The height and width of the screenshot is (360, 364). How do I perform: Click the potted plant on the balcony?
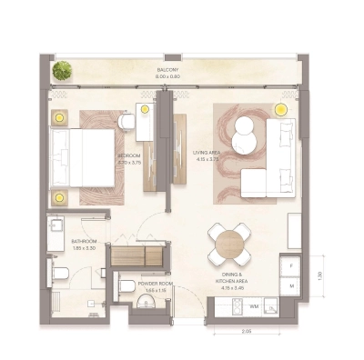[x=62, y=70]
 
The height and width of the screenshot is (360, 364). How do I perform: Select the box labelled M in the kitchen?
[x=291, y=285]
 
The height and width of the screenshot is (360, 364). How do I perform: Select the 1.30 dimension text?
[x=319, y=275]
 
